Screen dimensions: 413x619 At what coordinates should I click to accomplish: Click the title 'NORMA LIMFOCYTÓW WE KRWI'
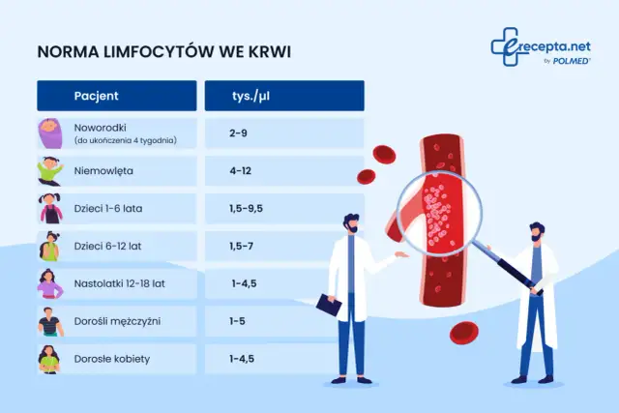click(x=162, y=51)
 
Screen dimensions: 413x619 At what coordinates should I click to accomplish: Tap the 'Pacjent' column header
click(x=96, y=96)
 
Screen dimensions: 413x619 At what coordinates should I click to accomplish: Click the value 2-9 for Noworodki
click(x=239, y=133)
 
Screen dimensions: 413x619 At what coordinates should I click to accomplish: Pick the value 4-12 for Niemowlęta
click(x=242, y=171)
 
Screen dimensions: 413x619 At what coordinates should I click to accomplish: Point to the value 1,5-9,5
click(x=247, y=209)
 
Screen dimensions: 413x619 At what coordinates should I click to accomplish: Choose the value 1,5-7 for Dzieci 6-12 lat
click(x=243, y=247)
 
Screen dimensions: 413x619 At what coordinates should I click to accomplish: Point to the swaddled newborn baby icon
click(x=49, y=133)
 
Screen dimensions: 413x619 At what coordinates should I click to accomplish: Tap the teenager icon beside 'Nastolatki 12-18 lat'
click(x=49, y=284)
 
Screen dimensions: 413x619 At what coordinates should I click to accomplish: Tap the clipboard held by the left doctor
click(x=330, y=308)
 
